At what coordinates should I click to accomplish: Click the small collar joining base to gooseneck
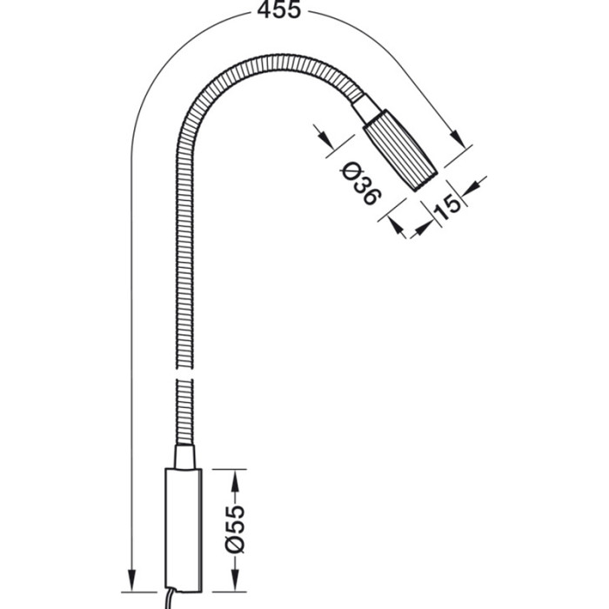[184, 457]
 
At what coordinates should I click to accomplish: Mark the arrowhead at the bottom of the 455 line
[131, 579]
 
